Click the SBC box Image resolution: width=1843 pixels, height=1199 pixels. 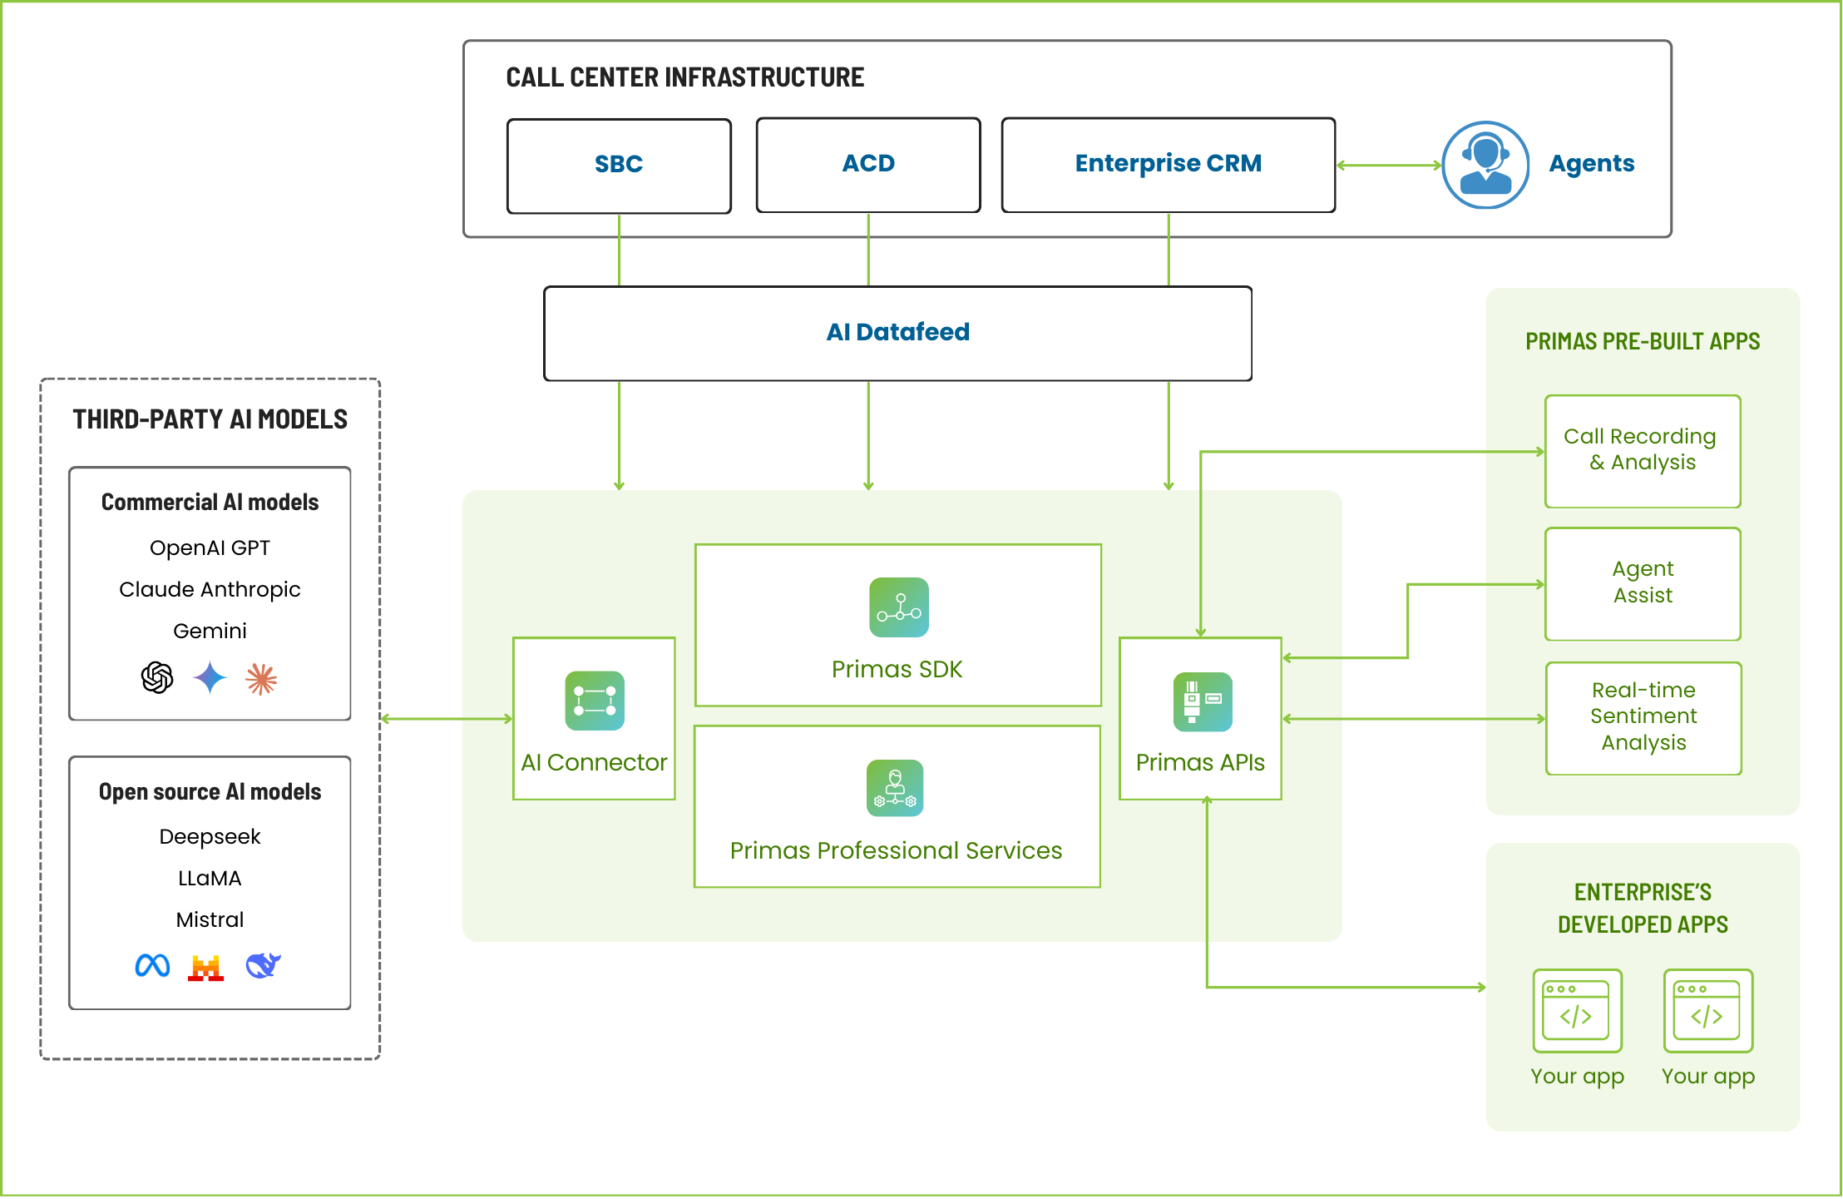pos(619,166)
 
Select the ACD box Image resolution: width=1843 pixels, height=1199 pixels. pos(868,165)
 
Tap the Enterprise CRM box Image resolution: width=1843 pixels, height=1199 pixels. pos(1168,165)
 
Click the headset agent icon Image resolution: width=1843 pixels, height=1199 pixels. pos(1485,165)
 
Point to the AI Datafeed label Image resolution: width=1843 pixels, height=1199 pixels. pos(897,332)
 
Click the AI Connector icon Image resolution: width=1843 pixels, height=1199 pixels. pos(595,701)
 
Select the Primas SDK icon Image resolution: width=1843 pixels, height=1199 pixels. pos(899,607)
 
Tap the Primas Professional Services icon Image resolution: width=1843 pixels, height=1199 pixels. pos(895,788)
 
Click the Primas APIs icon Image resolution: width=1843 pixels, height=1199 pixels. pos(1203,701)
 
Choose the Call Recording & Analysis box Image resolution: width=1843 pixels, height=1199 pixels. pos(1643,451)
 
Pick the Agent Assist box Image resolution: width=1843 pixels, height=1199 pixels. pos(1643,583)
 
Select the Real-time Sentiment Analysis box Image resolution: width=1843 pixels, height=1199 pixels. pos(1643,717)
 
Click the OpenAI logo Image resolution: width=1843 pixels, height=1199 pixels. pos(157,677)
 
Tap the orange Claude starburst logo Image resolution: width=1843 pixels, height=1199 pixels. pos(261,679)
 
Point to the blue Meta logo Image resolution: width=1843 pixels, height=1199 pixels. pos(152,965)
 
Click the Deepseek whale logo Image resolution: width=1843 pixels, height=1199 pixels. pos(263,965)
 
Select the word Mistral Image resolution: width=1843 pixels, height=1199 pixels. pos(210,919)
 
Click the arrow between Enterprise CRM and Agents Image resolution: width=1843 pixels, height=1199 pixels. pos(1388,166)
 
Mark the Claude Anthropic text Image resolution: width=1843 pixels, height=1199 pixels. pos(210,589)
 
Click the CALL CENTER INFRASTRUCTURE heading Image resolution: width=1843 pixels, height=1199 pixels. pos(684,77)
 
